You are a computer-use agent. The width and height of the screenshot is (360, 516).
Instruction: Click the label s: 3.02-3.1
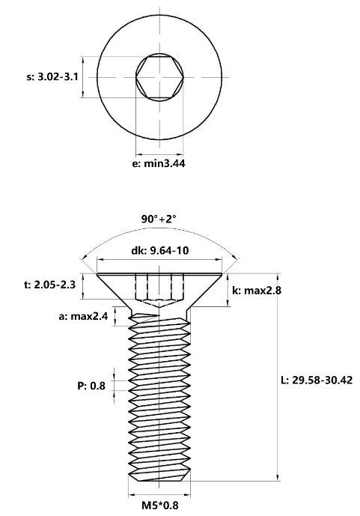pos(52,77)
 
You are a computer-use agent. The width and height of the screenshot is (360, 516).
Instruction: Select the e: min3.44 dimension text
pos(159,163)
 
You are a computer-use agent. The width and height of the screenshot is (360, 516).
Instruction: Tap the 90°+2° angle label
pos(159,219)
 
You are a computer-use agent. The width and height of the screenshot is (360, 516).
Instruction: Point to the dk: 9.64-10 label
pos(160,250)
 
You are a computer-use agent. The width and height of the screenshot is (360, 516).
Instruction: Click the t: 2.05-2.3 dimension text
pos(49,285)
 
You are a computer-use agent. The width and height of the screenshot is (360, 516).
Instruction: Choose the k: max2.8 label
pos(257,291)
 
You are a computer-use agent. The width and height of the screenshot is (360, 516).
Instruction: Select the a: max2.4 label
pos(83,316)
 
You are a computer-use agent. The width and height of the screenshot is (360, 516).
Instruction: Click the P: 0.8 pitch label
pos(91,386)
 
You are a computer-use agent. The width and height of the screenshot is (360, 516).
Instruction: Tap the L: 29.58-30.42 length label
pos(317,380)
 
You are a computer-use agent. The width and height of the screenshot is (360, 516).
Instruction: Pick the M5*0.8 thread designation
pos(160,505)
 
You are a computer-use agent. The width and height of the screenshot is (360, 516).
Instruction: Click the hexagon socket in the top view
pos(159,77)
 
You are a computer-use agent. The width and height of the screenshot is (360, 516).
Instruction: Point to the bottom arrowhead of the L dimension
pos(278,478)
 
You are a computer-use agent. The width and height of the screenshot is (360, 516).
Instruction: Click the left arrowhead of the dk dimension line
pos(100,260)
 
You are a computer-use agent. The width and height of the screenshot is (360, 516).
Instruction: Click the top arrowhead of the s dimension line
pos(82,60)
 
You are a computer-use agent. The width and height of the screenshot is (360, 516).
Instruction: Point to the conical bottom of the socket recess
pos(159,303)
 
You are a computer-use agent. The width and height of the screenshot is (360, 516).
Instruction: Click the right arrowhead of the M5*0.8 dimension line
pos(187,494)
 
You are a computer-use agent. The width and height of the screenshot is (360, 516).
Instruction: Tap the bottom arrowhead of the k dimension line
pos(228,303)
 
